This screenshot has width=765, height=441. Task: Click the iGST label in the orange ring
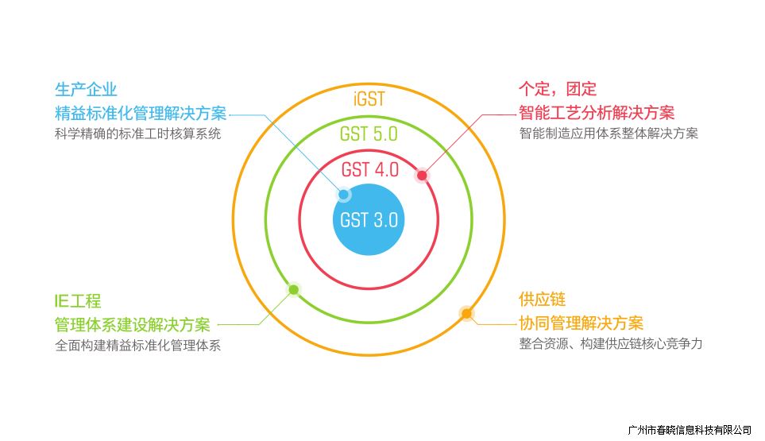pyautogui.click(x=369, y=99)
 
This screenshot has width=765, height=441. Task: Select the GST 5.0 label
pyautogui.click(x=369, y=133)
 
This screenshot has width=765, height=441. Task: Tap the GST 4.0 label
pyautogui.click(x=369, y=169)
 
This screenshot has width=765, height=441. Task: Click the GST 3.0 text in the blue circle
pyautogui.click(x=369, y=220)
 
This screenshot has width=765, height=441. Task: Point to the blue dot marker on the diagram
pyautogui.click(x=344, y=194)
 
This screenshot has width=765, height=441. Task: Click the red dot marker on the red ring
pyautogui.click(x=422, y=176)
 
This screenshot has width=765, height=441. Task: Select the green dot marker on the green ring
pyautogui.click(x=293, y=289)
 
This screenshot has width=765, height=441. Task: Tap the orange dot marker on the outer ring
pyautogui.click(x=466, y=313)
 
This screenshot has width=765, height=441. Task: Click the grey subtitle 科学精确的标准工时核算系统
pyautogui.click(x=137, y=133)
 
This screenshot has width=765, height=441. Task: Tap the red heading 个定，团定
pyautogui.click(x=558, y=88)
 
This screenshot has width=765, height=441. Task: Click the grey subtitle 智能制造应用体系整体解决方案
pyautogui.click(x=609, y=133)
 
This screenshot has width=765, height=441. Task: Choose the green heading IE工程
pyautogui.click(x=78, y=301)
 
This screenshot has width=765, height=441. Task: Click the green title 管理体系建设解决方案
pyautogui.click(x=132, y=324)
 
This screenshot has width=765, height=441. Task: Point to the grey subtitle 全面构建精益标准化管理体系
pyautogui.click(x=137, y=346)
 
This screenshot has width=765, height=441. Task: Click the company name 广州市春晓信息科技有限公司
pyautogui.click(x=689, y=430)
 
